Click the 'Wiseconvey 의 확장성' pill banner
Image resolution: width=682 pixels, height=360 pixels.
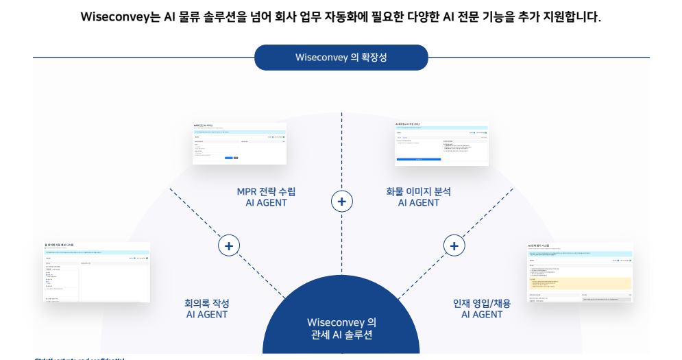coord(341,58)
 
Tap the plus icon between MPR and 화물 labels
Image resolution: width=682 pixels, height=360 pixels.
coord(341,202)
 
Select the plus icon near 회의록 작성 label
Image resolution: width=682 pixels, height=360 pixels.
coord(229,245)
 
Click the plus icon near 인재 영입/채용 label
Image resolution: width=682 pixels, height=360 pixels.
coord(454,245)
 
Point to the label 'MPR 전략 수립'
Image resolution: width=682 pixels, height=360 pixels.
coord(266,191)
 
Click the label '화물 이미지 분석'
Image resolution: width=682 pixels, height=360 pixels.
coord(418,191)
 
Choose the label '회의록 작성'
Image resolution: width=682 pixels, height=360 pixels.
coord(207,303)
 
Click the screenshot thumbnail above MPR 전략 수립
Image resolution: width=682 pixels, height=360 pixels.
coord(239,143)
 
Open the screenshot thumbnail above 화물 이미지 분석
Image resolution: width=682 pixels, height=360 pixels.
coord(441,143)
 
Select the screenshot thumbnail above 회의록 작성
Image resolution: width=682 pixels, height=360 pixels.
coord(97,272)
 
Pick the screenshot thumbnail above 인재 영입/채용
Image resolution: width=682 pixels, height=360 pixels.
coord(579,272)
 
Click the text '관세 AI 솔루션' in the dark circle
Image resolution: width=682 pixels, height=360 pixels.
coord(341,335)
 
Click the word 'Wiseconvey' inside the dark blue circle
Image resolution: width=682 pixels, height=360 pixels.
coord(332,322)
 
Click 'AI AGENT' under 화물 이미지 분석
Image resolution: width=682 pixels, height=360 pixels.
coord(418,203)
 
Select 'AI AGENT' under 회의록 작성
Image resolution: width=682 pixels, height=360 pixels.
coord(207,315)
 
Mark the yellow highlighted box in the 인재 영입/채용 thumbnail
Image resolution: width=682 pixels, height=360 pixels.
coord(580,283)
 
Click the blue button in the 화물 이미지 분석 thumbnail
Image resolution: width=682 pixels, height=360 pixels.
coord(418,159)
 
